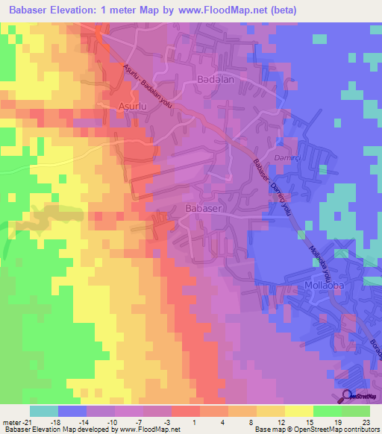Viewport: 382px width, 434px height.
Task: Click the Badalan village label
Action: [x=214, y=78]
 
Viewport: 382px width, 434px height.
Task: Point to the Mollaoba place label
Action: [x=327, y=285]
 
